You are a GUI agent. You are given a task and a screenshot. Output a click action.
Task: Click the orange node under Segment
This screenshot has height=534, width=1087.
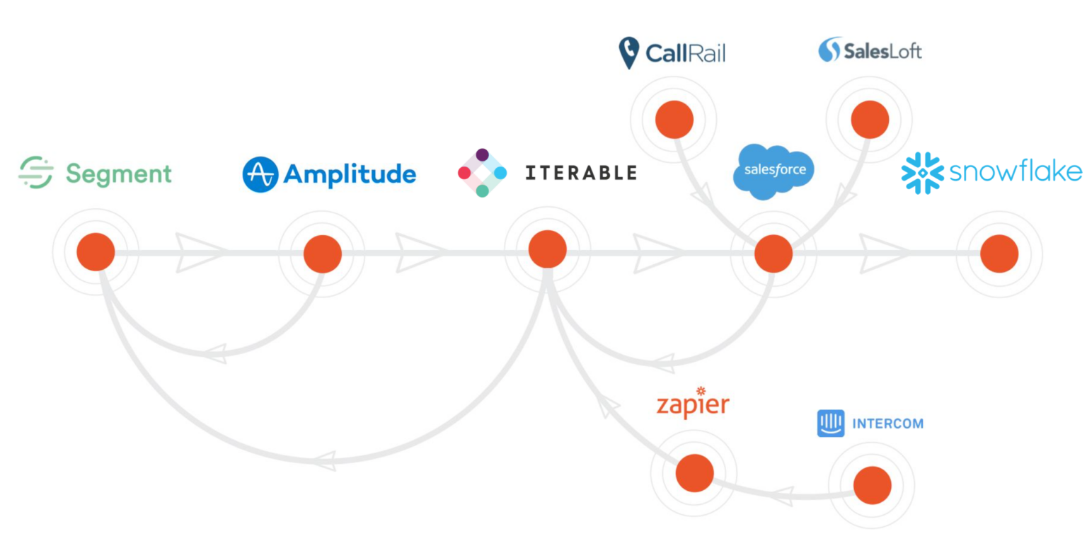(x=96, y=252)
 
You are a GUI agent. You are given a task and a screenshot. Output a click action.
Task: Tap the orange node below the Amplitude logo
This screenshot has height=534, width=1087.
(x=323, y=253)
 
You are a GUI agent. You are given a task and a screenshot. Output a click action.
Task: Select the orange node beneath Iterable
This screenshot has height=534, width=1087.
(x=548, y=249)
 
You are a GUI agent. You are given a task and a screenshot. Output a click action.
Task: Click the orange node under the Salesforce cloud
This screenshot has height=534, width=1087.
(x=773, y=254)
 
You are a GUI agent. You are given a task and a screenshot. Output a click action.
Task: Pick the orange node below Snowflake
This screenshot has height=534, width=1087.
(x=999, y=253)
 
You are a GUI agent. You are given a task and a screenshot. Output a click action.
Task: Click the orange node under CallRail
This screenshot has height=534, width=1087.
(x=674, y=120)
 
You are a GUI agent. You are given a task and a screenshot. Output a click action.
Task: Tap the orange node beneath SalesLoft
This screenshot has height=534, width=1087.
(x=870, y=120)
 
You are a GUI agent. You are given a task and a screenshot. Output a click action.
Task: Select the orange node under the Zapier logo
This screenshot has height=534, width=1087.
(x=694, y=473)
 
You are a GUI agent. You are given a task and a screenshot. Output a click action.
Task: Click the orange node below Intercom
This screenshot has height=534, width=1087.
(x=872, y=486)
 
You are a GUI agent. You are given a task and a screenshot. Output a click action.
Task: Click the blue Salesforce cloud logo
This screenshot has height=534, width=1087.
(x=773, y=170)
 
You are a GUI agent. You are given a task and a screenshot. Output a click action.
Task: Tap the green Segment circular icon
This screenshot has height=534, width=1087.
(x=36, y=173)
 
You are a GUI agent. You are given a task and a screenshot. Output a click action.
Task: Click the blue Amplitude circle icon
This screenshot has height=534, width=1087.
(x=260, y=174)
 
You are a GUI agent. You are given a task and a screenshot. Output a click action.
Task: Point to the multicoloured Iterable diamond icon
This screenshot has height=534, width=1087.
(x=482, y=173)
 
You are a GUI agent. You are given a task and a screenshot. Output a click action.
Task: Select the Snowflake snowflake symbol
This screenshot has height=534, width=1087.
(x=922, y=172)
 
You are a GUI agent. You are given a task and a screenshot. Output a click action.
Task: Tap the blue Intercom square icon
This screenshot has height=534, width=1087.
(x=831, y=424)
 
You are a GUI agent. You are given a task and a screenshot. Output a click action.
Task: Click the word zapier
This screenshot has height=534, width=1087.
(x=692, y=405)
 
